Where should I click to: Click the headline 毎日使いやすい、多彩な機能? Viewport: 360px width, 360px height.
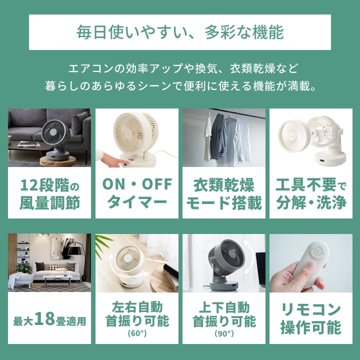(x=180, y=32)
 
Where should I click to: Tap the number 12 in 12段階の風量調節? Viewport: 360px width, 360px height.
(x=29, y=185)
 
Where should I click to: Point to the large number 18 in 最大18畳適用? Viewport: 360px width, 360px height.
(x=44, y=318)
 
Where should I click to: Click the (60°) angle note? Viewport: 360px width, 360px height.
(x=137, y=333)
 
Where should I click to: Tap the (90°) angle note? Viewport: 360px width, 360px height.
(x=224, y=333)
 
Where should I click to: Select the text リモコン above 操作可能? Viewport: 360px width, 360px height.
(x=311, y=309)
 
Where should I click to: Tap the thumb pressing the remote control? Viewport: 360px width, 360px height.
(x=311, y=268)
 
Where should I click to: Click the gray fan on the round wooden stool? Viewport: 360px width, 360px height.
(x=55, y=139)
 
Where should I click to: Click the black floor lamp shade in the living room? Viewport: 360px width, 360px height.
(x=76, y=250)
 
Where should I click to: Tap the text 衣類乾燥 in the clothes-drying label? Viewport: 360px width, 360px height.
(x=224, y=185)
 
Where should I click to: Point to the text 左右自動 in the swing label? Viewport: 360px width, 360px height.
(x=137, y=307)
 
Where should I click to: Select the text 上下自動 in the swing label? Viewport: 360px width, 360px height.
(x=224, y=307)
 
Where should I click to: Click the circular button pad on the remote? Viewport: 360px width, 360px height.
(x=318, y=251)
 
